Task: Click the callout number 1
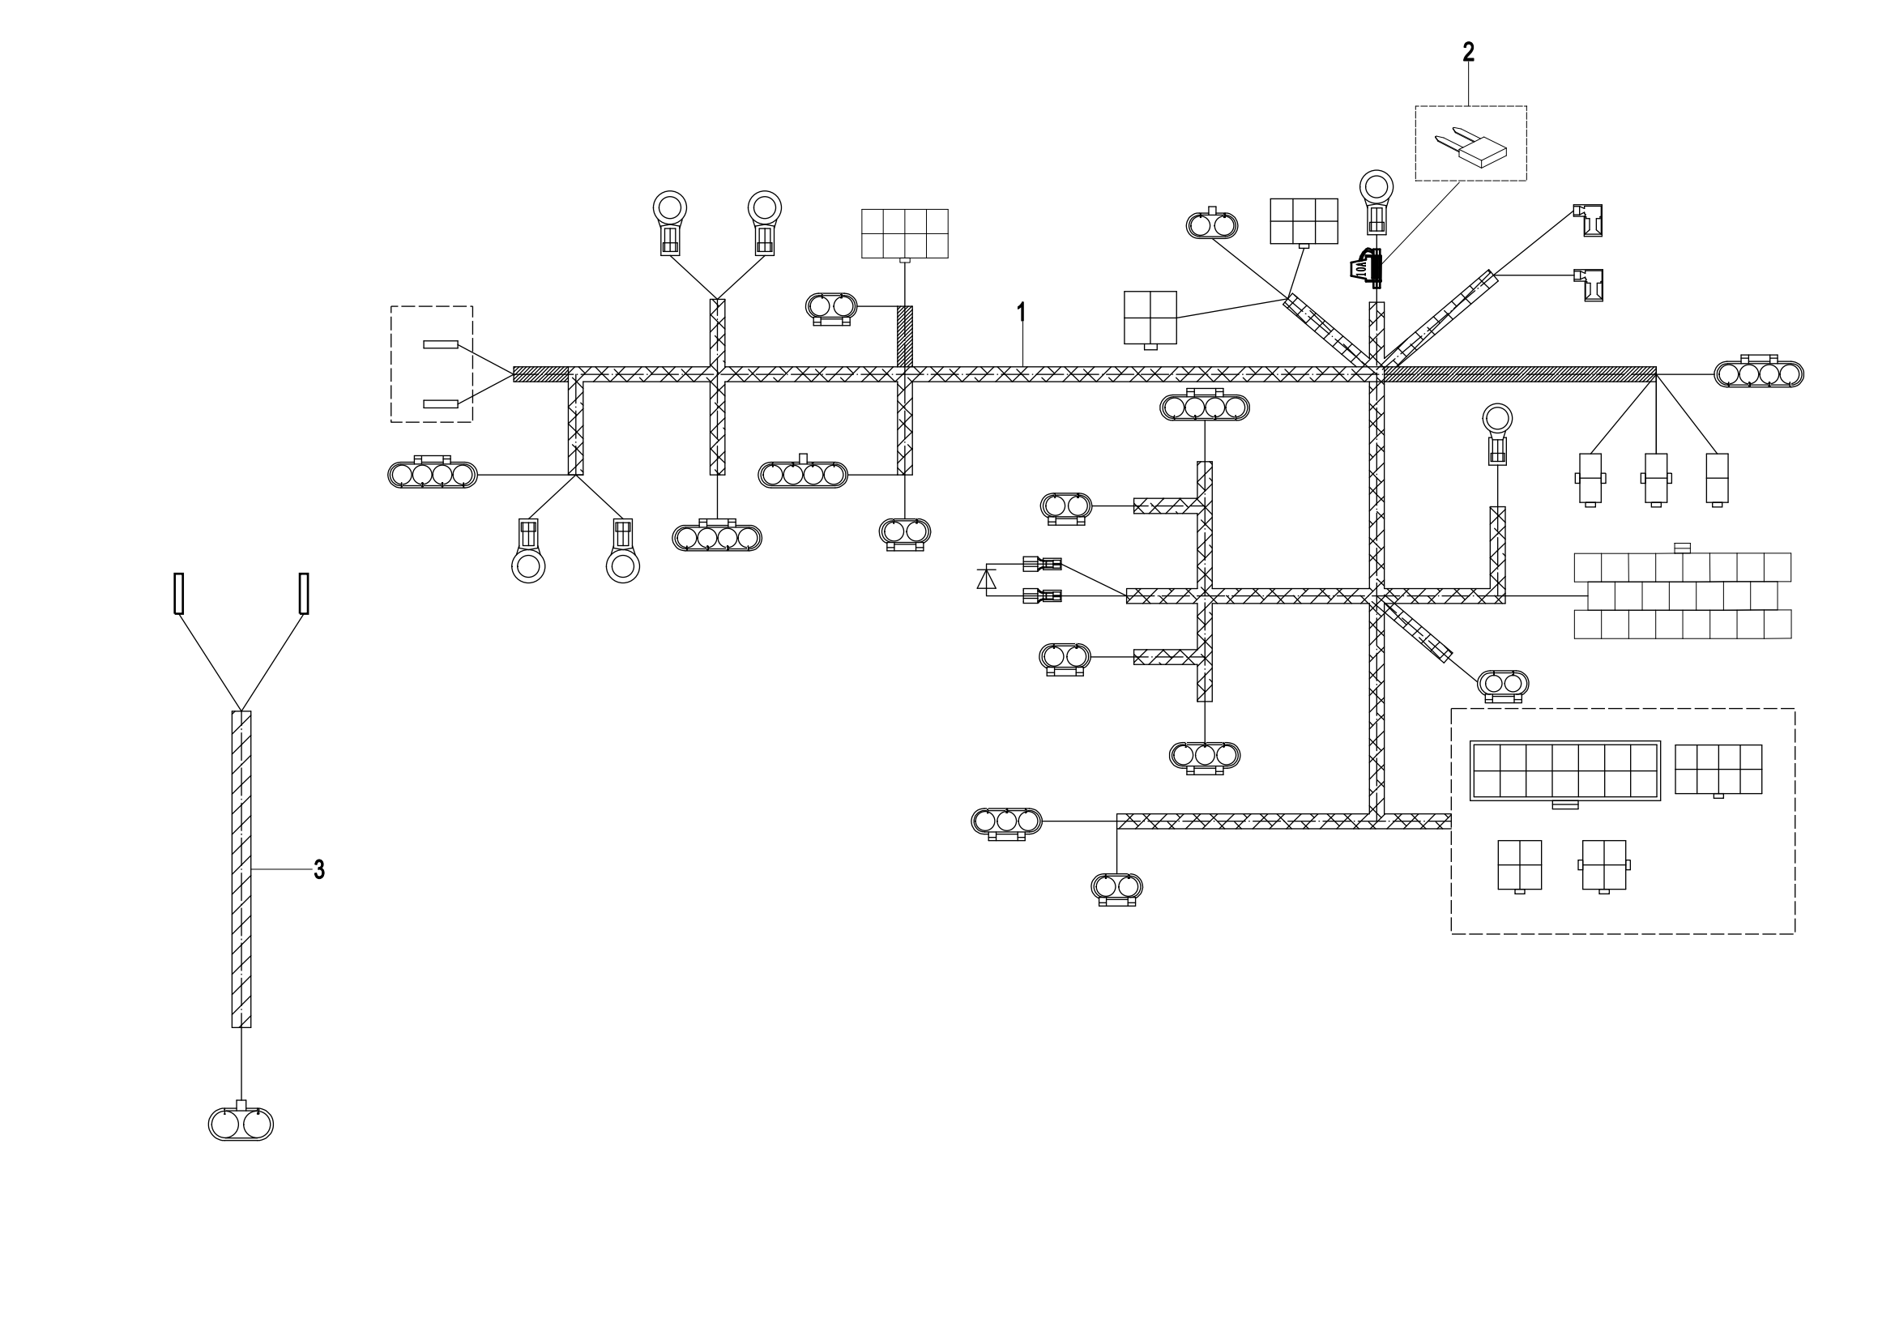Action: [1022, 312]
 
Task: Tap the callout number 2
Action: [1468, 52]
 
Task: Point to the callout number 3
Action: [318, 869]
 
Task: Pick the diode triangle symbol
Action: [986, 579]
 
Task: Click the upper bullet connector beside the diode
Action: [1042, 565]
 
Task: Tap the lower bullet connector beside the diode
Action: [1042, 595]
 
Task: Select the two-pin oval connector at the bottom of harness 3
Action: [240, 1123]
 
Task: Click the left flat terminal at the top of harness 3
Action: [178, 593]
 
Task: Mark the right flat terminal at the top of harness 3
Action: [304, 593]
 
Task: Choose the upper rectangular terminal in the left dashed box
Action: [441, 344]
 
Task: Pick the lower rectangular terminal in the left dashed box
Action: [441, 403]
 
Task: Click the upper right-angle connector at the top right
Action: [1589, 220]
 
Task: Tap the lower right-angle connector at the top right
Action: [1589, 284]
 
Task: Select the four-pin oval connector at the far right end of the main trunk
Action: [1759, 372]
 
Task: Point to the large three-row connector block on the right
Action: [1683, 594]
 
